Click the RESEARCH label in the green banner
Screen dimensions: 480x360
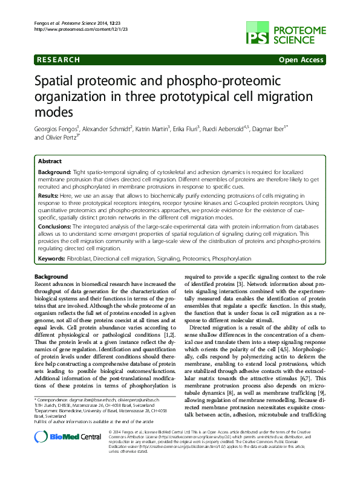(x=59, y=60)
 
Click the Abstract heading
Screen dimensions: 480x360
(x=50, y=161)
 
